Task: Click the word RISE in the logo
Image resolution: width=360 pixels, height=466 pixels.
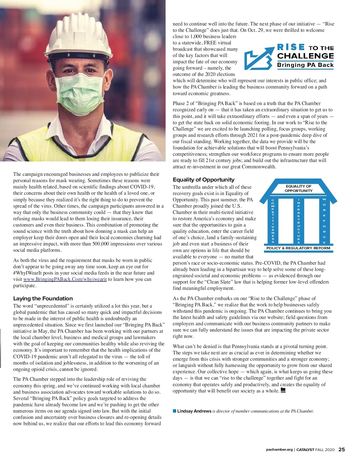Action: coord(291,47)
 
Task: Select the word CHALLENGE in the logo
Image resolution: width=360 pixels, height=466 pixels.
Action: coord(305,56)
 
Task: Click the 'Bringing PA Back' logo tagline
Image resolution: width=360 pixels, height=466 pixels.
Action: coord(305,65)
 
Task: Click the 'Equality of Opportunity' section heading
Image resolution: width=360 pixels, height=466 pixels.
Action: coord(203,180)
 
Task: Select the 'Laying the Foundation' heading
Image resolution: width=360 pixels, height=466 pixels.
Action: coord(43,299)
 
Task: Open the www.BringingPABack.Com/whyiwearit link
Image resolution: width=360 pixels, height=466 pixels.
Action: coord(65,279)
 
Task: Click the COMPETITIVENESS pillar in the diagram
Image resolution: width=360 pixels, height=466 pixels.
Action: coord(273,221)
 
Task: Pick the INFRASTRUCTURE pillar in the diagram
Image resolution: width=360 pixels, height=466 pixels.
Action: coord(298,221)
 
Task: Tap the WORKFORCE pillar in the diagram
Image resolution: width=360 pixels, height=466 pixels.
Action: coord(324,221)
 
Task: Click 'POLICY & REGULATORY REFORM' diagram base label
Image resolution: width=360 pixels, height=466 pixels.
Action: coord(298,248)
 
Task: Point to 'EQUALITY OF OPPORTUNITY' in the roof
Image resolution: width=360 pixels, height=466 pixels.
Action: coord(298,188)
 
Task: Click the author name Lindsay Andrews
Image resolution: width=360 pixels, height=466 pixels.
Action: coord(194,411)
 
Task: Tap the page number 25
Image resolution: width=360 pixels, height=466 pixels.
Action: coord(341,449)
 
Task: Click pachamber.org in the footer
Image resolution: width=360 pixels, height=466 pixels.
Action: coord(279,450)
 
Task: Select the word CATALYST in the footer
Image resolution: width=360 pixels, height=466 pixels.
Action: coord(305,450)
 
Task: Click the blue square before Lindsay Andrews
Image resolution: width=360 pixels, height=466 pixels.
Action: coord(175,411)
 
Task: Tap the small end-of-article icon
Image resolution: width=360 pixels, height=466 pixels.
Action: coord(283,390)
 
